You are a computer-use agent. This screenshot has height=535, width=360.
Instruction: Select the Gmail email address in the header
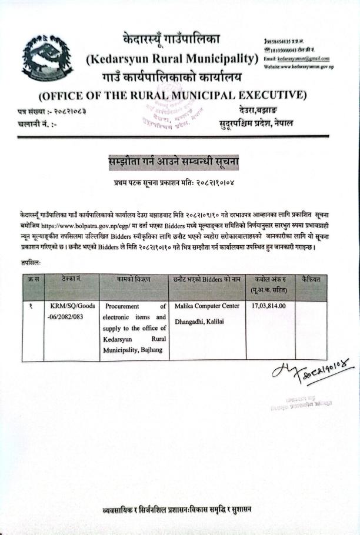pos(297,59)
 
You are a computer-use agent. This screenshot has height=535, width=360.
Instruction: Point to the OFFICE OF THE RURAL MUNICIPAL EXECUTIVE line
pos(172,95)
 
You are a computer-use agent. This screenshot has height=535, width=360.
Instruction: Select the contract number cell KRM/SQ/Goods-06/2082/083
pos(69,311)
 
